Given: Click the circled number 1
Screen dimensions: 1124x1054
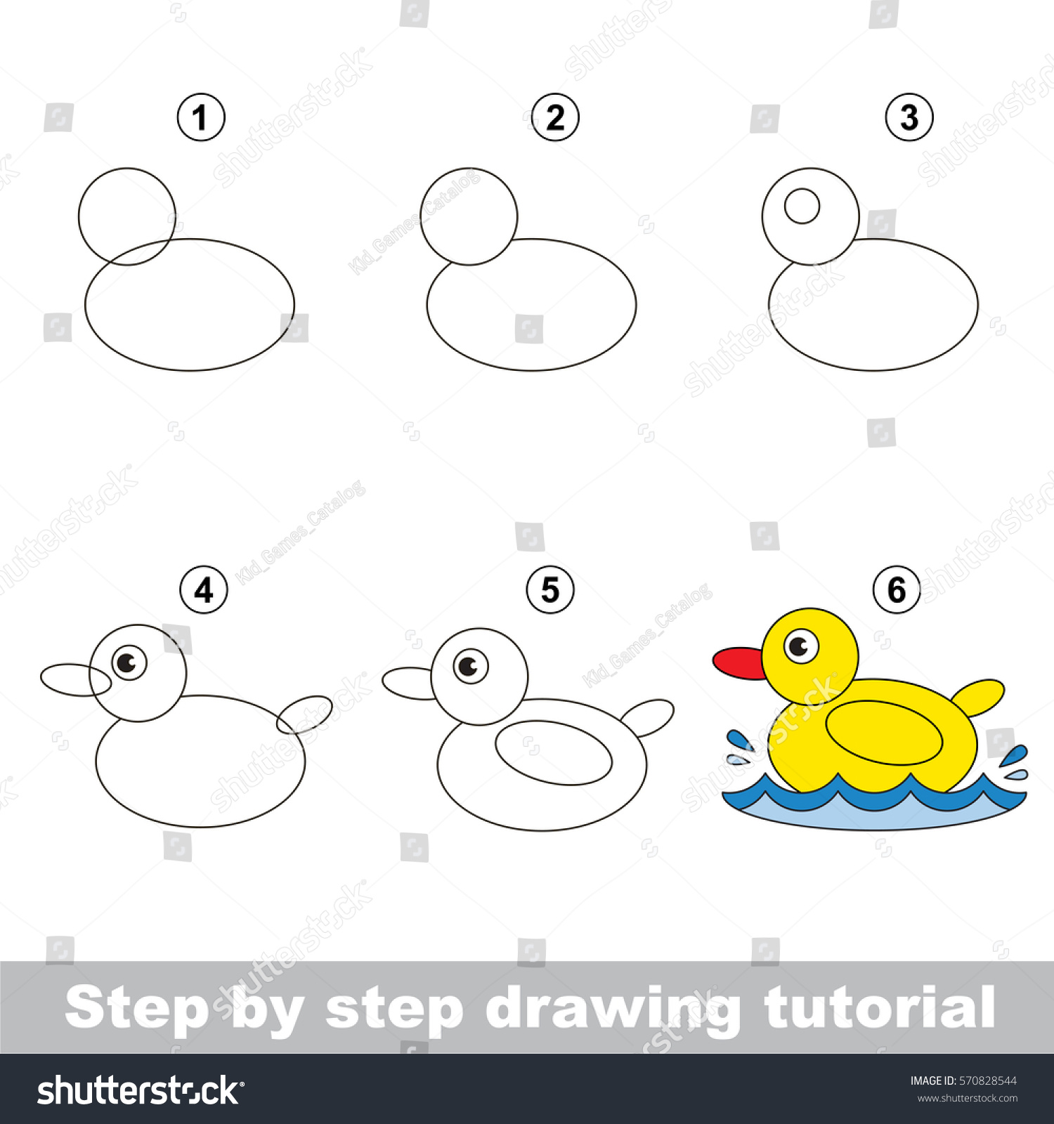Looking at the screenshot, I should click(201, 118).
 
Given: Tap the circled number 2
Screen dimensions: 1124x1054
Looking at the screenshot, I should click(555, 118).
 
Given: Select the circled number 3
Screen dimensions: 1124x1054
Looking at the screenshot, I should click(909, 118).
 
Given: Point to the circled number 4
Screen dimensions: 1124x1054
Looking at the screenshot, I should click(204, 591).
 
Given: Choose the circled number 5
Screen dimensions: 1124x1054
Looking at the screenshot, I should click(550, 590).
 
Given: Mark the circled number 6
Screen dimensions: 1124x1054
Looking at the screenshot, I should click(897, 590).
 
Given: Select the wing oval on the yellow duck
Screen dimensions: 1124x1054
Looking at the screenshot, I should click(884, 733).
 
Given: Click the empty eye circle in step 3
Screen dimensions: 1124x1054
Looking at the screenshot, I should click(802, 207).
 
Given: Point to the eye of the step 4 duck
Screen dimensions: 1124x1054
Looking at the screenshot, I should click(129, 662).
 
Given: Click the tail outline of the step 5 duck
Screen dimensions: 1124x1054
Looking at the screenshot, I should click(650, 717).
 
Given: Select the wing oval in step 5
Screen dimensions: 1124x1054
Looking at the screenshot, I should click(554, 752).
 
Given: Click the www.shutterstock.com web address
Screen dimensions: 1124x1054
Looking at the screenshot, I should click(967, 1098).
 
